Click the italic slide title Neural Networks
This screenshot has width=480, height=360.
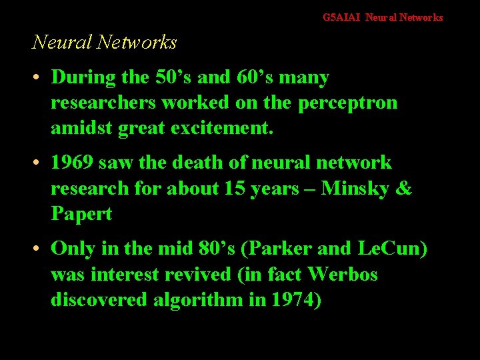pyautogui.click(x=105, y=43)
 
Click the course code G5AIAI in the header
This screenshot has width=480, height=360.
pyautogui.click(x=341, y=17)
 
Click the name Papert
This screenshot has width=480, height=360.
pyautogui.click(x=81, y=215)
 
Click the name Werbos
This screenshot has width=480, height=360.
pyautogui.click(x=343, y=275)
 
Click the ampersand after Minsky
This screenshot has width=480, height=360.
pyautogui.click(x=405, y=189)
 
